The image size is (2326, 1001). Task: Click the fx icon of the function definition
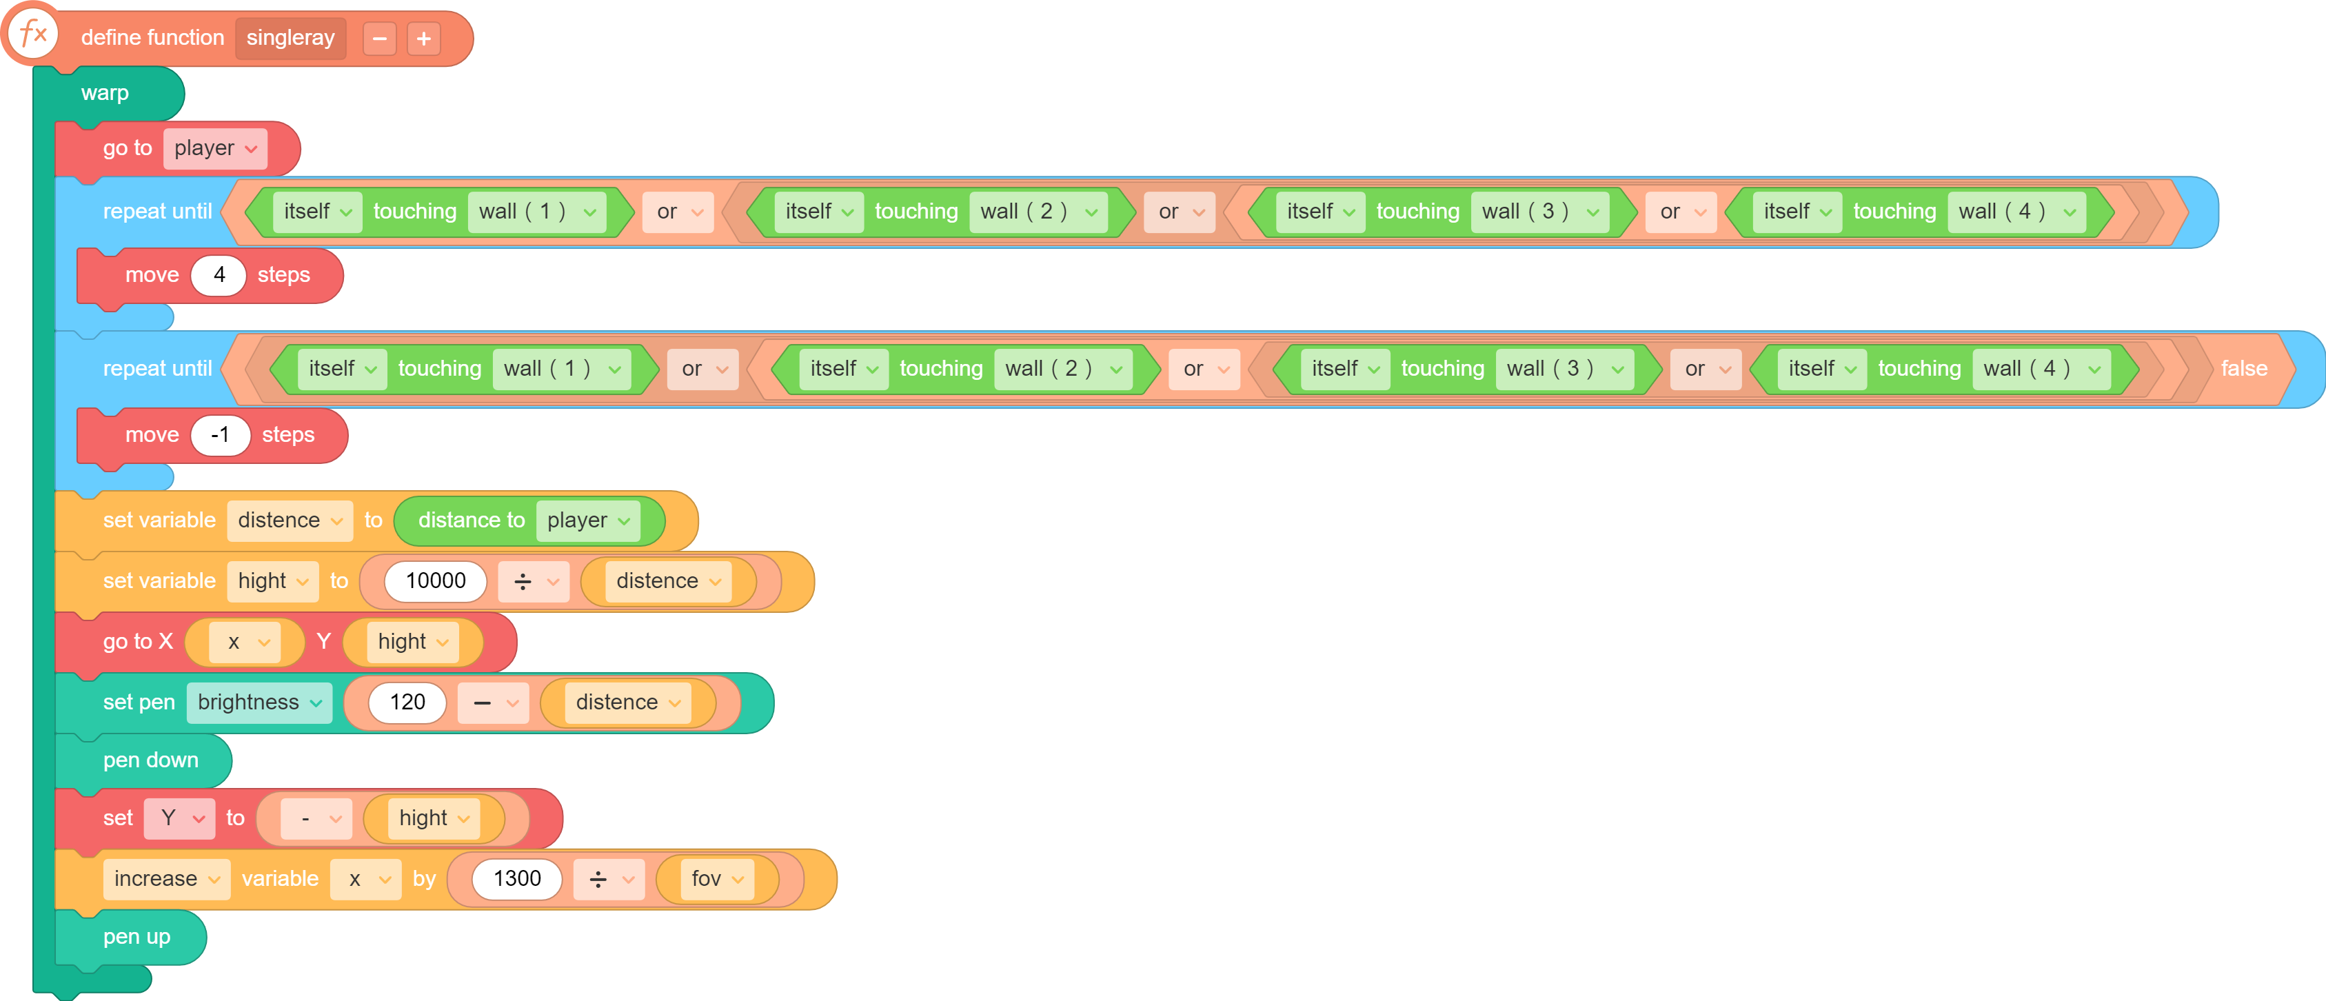(33, 35)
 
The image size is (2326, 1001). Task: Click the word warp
(105, 93)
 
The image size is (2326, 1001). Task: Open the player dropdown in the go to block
(215, 148)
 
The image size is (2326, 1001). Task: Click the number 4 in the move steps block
(219, 275)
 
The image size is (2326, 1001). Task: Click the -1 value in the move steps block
(221, 435)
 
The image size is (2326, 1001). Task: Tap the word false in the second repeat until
(2244, 368)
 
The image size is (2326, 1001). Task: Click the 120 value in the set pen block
(407, 702)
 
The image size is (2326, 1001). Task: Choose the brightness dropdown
(259, 702)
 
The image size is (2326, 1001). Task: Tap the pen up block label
(136, 937)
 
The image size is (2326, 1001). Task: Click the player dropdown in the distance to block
(588, 520)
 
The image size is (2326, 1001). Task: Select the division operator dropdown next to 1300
(609, 879)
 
